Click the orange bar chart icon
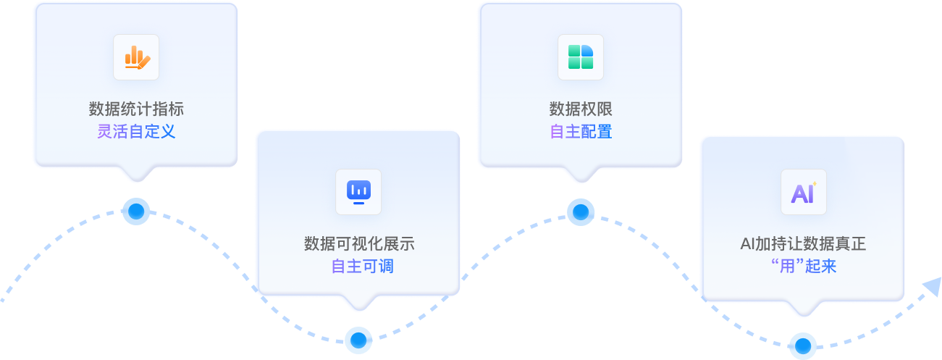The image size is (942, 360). click(x=136, y=57)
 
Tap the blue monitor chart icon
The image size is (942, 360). click(x=358, y=192)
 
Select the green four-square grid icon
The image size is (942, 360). click(x=581, y=57)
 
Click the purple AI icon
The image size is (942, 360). click(x=803, y=192)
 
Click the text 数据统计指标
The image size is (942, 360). click(x=136, y=109)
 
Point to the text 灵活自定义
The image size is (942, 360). click(x=136, y=132)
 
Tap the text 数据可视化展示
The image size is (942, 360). click(x=358, y=244)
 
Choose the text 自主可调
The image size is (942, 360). click(x=358, y=267)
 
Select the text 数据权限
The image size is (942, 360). click(x=581, y=109)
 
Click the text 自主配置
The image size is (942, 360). click(x=581, y=132)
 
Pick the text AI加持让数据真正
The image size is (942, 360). click(x=803, y=244)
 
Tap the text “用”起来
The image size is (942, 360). click(x=803, y=267)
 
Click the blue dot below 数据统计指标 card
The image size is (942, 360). click(x=136, y=212)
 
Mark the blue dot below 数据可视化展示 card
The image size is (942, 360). click(x=358, y=338)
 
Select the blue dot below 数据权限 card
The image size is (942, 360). click(x=581, y=212)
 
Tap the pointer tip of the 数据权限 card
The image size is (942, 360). click(x=581, y=180)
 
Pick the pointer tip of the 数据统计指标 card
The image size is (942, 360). click(x=136, y=180)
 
